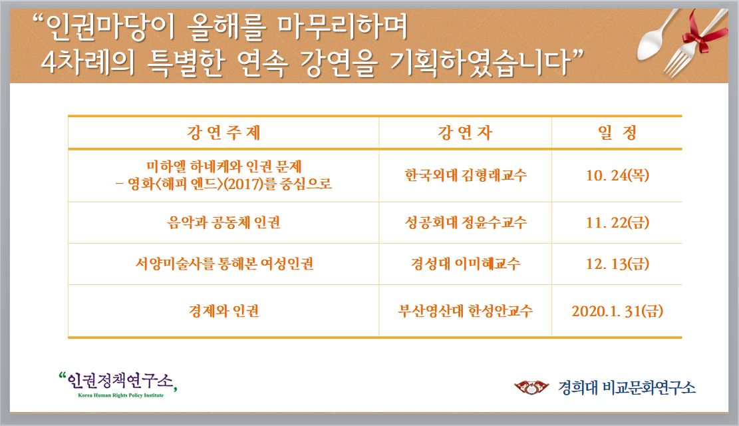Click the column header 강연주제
tap(223, 132)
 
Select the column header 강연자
tap(465, 132)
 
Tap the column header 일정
tap(617, 132)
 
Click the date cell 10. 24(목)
tap(617, 176)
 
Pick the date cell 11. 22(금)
tap(617, 222)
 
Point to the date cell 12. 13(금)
tap(617, 263)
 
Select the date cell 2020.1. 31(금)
tap(617, 311)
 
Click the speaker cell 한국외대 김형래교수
tap(466, 176)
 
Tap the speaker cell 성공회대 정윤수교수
tap(466, 222)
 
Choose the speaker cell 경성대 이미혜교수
tap(466, 263)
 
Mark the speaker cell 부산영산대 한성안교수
tap(466, 311)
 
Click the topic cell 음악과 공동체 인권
tap(223, 222)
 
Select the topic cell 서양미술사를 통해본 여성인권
tap(224, 263)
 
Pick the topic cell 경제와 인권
tap(223, 311)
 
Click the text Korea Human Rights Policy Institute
tap(120, 395)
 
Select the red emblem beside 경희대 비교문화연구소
tap(531, 387)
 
